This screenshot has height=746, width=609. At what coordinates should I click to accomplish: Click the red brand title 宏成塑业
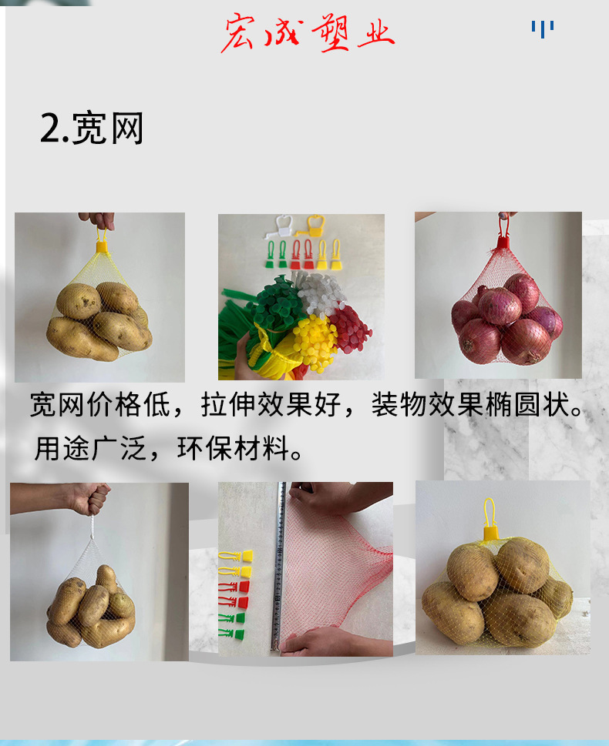tap(308, 33)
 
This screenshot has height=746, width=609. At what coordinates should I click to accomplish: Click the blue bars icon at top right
tap(542, 29)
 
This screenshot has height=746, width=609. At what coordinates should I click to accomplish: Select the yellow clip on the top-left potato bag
tap(102, 246)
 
